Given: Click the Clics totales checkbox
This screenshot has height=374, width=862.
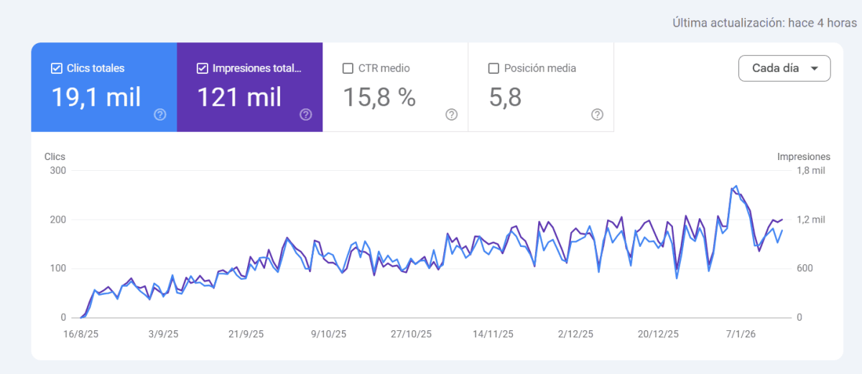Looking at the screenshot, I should pos(57,69).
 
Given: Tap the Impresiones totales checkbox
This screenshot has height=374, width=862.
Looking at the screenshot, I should pos(202,69).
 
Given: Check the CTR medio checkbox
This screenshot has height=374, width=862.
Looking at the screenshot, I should pos(348,69).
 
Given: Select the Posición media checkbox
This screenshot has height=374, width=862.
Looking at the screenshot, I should pos(493,69).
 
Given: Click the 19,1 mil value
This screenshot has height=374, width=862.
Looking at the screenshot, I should pos(96,97).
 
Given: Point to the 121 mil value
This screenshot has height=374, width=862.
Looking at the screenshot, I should pos(239,97).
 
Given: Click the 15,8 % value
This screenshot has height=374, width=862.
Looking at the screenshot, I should pos(379,97).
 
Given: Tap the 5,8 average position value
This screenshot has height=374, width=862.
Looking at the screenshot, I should pos(505,97).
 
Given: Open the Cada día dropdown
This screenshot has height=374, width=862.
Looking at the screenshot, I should pos(784,68).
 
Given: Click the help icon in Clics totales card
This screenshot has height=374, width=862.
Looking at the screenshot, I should pos(160,115).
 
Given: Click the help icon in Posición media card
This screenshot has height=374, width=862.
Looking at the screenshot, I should pos(597,115).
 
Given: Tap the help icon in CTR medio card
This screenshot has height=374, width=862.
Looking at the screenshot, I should pos(451,115).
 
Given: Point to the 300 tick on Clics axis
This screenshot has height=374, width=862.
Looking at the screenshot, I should pos(57,171).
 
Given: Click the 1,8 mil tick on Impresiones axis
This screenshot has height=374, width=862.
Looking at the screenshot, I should pos(810,171).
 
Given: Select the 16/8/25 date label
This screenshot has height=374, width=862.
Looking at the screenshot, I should pos(81,334).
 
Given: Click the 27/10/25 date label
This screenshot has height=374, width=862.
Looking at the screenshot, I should pos(411,334).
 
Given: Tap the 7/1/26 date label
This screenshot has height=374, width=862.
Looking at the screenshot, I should pos(740,334).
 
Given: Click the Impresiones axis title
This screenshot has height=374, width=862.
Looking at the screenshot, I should pos(803,156).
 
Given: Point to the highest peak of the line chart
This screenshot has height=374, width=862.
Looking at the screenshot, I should pos(736,186).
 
